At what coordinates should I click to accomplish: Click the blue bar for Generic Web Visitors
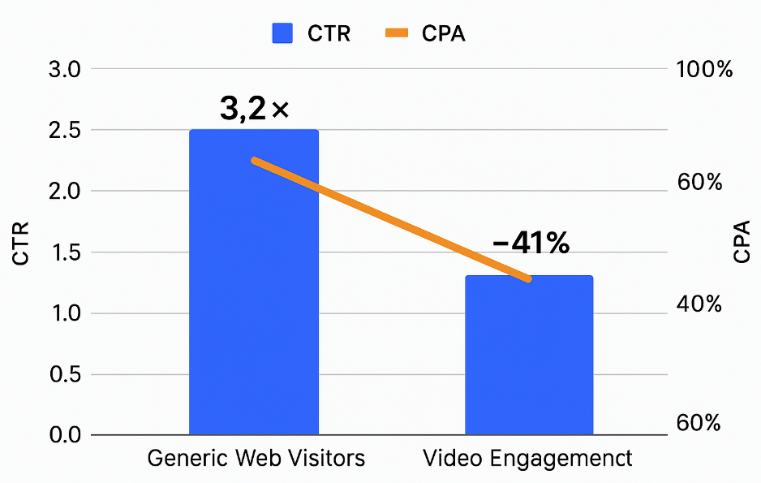[x=253, y=325]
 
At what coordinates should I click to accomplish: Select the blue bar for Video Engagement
[x=528, y=365]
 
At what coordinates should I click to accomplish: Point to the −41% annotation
[x=531, y=243]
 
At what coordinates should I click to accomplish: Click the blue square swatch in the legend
[x=282, y=33]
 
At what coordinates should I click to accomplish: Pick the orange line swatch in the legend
[x=398, y=33]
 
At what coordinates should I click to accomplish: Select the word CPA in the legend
[x=444, y=33]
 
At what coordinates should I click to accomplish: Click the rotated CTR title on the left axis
[x=21, y=243]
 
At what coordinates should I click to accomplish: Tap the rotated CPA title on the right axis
[x=741, y=243]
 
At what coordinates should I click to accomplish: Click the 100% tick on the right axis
[x=704, y=70]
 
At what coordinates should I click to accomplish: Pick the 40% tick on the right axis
[x=699, y=304]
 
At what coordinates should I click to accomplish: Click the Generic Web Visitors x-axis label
[x=256, y=459]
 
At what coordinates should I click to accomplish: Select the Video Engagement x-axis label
[x=527, y=459]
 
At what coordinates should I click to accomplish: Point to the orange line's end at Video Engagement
[x=528, y=278]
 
